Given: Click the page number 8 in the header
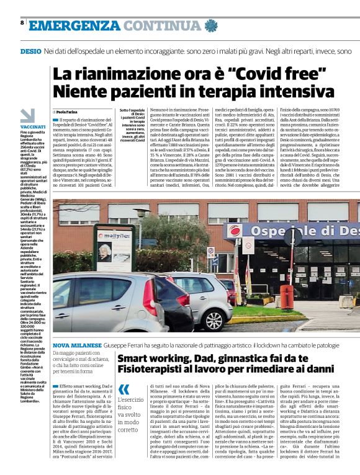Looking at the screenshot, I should coord(22,23).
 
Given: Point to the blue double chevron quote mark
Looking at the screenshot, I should coord(125,390).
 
